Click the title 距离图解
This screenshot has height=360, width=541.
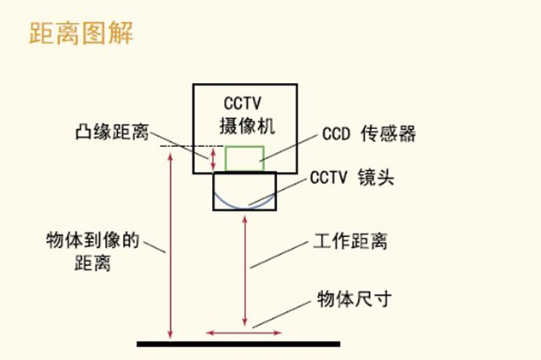click(x=81, y=32)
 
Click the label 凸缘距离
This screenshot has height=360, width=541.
click(x=112, y=132)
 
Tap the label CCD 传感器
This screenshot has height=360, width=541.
click(x=369, y=133)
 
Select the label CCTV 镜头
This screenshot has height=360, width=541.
click(x=352, y=177)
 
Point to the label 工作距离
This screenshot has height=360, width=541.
click(x=350, y=241)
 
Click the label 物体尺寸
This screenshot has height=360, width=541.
click(x=355, y=299)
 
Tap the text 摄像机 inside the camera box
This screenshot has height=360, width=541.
click(x=247, y=126)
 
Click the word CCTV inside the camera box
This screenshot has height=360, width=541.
click(x=243, y=103)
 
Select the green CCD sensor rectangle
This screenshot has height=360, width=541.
click(x=244, y=159)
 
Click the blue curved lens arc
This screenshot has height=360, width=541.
click(x=244, y=201)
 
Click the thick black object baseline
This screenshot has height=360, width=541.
click(x=238, y=344)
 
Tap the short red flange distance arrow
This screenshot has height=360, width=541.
click(x=213, y=159)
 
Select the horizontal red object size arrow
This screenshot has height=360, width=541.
click(x=244, y=333)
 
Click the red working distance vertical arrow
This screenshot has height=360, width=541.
click(x=245, y=271)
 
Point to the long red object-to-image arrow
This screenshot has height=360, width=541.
click(x=170, y=245)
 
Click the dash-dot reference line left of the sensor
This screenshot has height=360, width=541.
click(x=192, y=146)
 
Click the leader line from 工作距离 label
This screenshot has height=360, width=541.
click(x=279, y=255)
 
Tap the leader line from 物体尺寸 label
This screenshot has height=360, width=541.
click(x=281, y=315)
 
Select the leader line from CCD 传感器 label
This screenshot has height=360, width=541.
click(x=288, y=148)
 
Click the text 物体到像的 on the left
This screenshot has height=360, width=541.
click(x=92, y=240)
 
